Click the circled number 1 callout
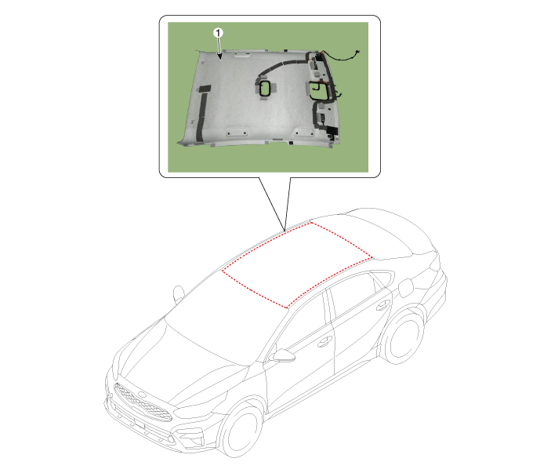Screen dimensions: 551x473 point(218,33)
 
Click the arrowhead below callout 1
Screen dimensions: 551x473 point(220,56)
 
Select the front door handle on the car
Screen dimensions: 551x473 point(324,342)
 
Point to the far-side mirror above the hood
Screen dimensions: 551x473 point(179,293)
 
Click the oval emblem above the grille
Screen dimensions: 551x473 point(142,395)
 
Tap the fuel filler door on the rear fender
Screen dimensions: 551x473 point(406,288)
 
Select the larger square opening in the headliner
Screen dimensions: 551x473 point(319,90)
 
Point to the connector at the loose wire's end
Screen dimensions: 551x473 point(357,53)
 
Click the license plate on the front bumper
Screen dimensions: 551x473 point(140,424)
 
